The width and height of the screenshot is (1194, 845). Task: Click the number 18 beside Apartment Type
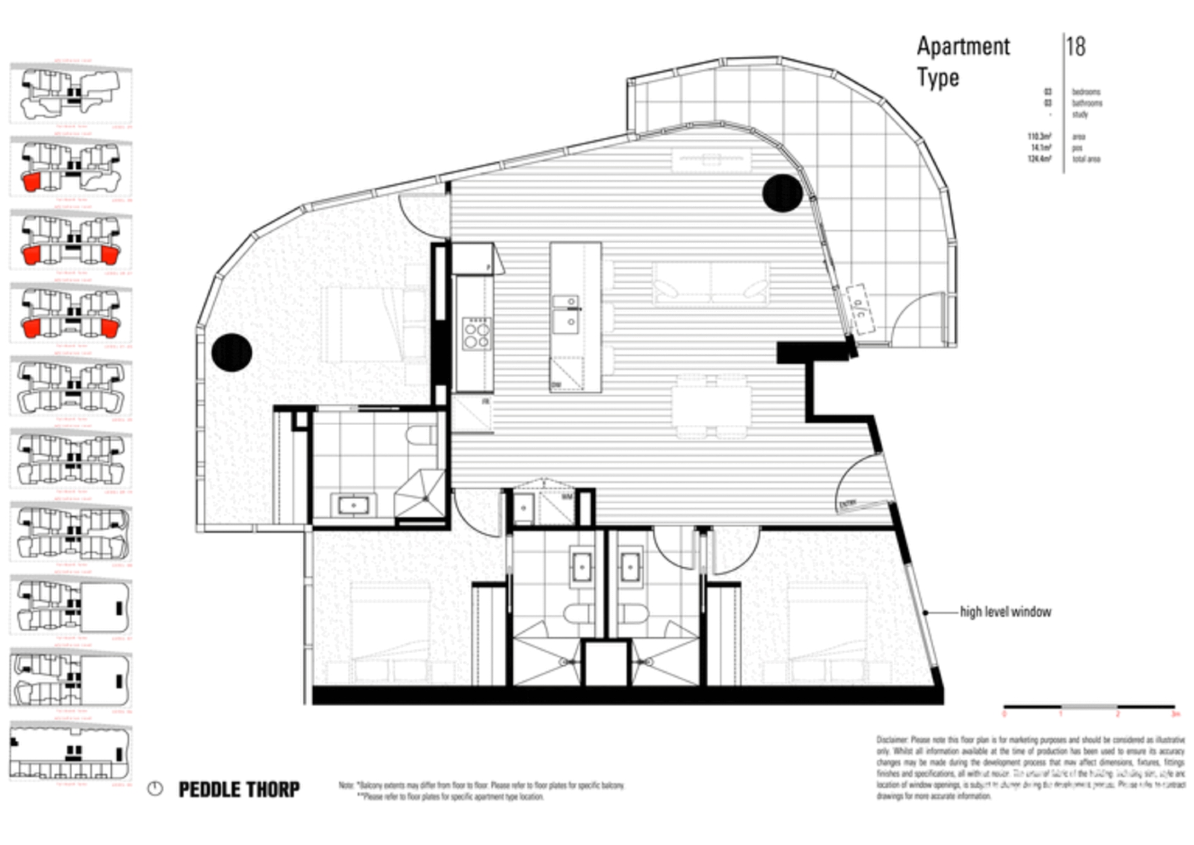point(1076,46)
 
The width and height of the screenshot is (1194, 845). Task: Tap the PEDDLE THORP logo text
point(238,789)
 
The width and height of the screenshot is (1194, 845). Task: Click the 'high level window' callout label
point(1005,612)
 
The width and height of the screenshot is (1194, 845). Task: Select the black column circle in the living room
point(782,193)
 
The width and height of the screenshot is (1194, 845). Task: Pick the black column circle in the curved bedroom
point(231,353)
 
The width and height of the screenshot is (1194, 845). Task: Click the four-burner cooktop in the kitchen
point(476,334)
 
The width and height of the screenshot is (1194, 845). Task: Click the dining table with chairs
point(711,406)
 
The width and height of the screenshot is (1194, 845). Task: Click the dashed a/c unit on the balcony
point(860,310)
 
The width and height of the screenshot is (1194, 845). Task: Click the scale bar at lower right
point(1088,707)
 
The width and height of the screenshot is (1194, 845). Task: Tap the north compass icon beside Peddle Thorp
point(155,789)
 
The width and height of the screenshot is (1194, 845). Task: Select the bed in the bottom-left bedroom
point(389,633)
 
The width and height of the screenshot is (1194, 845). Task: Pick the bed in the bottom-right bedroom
point(826,633)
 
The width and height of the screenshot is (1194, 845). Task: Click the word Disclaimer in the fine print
point(892,739)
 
